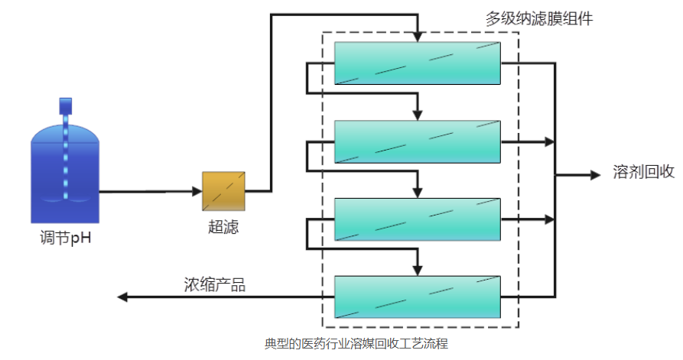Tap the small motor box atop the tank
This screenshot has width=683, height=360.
(x=66, y=103)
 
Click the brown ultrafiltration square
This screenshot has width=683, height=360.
(x=223, y=191)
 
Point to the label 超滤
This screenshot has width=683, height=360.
(x=223, y=226)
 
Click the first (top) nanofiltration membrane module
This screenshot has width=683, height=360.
(x=418, y=63)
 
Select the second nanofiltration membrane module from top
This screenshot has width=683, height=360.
(x=418, y=141)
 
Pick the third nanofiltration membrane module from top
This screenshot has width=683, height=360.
(x=418, y=219)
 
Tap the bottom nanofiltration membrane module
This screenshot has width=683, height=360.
(x=418, y=297)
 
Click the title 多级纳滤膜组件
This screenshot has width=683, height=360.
(x=539, y=18)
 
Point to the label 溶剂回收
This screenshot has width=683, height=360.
(x=643, y=173)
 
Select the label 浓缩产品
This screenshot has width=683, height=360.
(x=214, y=284)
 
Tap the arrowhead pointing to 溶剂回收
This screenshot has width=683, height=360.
(x=595, y=175)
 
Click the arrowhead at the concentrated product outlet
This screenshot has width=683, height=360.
(x=122, y=297)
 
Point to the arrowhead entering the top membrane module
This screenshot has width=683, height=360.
(x=418, y=37)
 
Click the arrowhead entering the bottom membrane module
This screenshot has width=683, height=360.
(x=418, y=270)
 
